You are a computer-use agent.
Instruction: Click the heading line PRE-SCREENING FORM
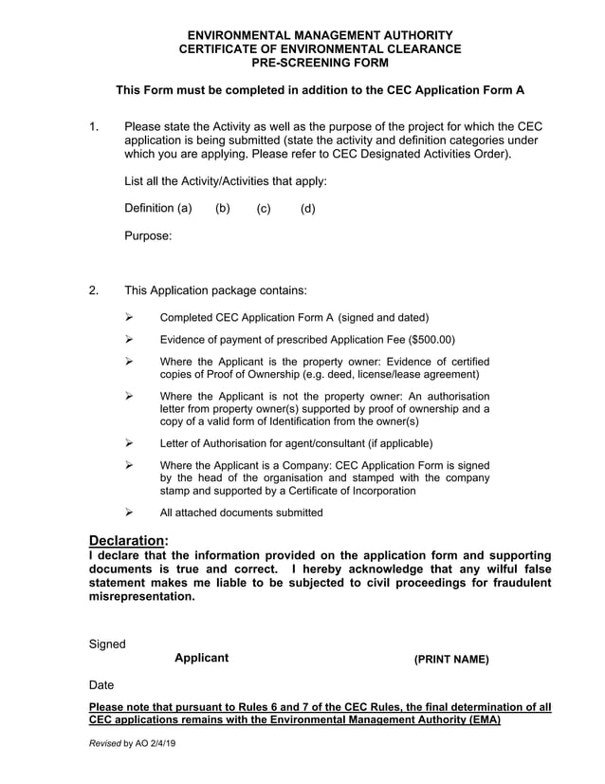tap(320, 63)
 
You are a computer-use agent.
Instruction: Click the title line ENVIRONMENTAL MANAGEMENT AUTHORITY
tap(320, 35)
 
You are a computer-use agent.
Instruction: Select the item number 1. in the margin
tap(93, 126)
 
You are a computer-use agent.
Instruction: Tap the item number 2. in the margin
tap(93, 290)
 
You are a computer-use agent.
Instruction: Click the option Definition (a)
tap(158, 208)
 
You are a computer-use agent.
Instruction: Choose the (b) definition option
tap(223, 208)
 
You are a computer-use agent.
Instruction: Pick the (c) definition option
tap(264, 208)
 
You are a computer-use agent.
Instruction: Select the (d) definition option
tap(307, 208)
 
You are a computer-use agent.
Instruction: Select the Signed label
tap(107, 644)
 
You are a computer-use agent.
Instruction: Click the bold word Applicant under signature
tap(201, 658)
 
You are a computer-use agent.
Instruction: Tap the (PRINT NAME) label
tap(451, 660)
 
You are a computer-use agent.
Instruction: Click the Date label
tap(101, 684)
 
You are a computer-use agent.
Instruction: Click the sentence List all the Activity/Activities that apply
tap(226, 180)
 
